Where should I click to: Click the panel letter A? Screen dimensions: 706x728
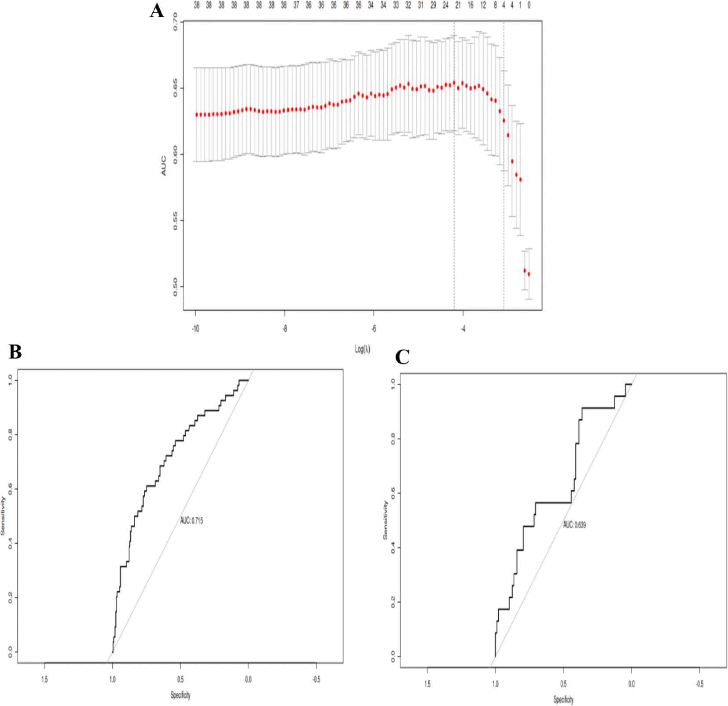point(157,11)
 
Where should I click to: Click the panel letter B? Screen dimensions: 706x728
point(15,352)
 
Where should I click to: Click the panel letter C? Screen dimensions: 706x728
point(402,357)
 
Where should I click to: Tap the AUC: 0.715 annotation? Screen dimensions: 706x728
point(191,521)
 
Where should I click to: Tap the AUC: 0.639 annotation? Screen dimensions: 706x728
point(574,525)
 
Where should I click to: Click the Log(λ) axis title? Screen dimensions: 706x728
point(362,349)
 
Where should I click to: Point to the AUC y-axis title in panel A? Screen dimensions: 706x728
point(164,165)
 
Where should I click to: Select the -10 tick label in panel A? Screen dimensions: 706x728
point(195,329)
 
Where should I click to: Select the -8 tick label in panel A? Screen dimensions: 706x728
point(284,329)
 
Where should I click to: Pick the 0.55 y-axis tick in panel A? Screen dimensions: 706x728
point(176,221)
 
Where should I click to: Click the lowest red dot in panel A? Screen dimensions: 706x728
point(529,274)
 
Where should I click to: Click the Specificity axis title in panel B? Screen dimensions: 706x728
point(180,695)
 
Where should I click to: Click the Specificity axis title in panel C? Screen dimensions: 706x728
point(563,699)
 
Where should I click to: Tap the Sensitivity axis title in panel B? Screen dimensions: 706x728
point(4,516)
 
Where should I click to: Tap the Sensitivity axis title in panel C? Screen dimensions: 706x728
point(386,520)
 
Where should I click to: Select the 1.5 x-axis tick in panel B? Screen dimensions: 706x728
point(44,680)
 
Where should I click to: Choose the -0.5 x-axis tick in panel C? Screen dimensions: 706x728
point(699,684)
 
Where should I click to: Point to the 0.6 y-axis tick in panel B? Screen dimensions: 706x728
point(10,489)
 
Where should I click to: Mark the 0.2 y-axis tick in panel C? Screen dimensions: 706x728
point(393,602)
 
